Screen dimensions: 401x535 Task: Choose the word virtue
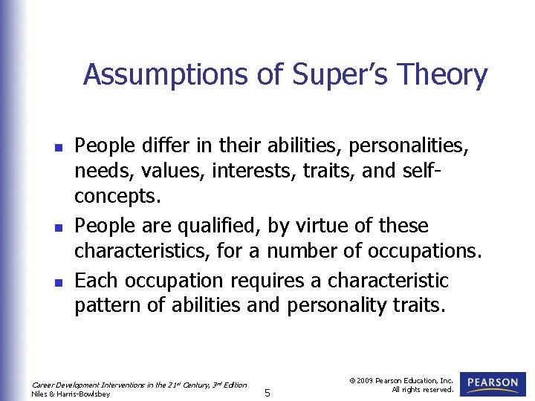tap(309, 226)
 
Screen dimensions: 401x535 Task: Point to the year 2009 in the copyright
tap(365, 380)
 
